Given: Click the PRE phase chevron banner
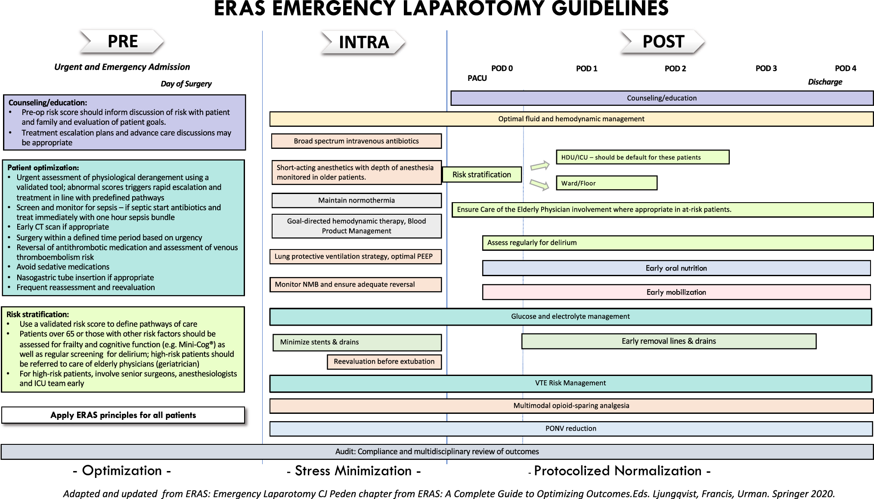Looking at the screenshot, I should click(122, 42).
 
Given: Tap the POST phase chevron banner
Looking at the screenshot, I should click(662, 42).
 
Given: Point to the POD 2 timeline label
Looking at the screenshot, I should click(675, 68).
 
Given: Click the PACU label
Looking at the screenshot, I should click(477, 78).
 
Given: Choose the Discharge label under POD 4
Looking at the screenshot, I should click(825, 82).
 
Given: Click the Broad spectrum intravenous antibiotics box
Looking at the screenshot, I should click(356, 141).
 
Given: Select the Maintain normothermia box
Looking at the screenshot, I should click(356, 200).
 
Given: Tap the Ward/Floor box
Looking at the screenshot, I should click(606, 183).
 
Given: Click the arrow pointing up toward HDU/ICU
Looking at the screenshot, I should click(540, 165).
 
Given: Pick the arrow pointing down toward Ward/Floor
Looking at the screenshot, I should click(539, 185).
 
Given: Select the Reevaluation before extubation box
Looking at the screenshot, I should click(384, 362).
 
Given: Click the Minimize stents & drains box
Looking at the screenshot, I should click(357, 342).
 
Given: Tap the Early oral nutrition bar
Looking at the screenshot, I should click(676, 268).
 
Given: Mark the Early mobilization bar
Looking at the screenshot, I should click(676, 293).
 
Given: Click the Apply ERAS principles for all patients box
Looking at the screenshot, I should click(123, 415).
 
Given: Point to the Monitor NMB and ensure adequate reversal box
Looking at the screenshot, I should click(356, 285).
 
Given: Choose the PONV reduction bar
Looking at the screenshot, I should click(571, 429).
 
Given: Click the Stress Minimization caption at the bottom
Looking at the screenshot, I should click(353, 471).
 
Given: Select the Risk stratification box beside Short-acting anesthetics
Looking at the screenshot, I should click(482, 175).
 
